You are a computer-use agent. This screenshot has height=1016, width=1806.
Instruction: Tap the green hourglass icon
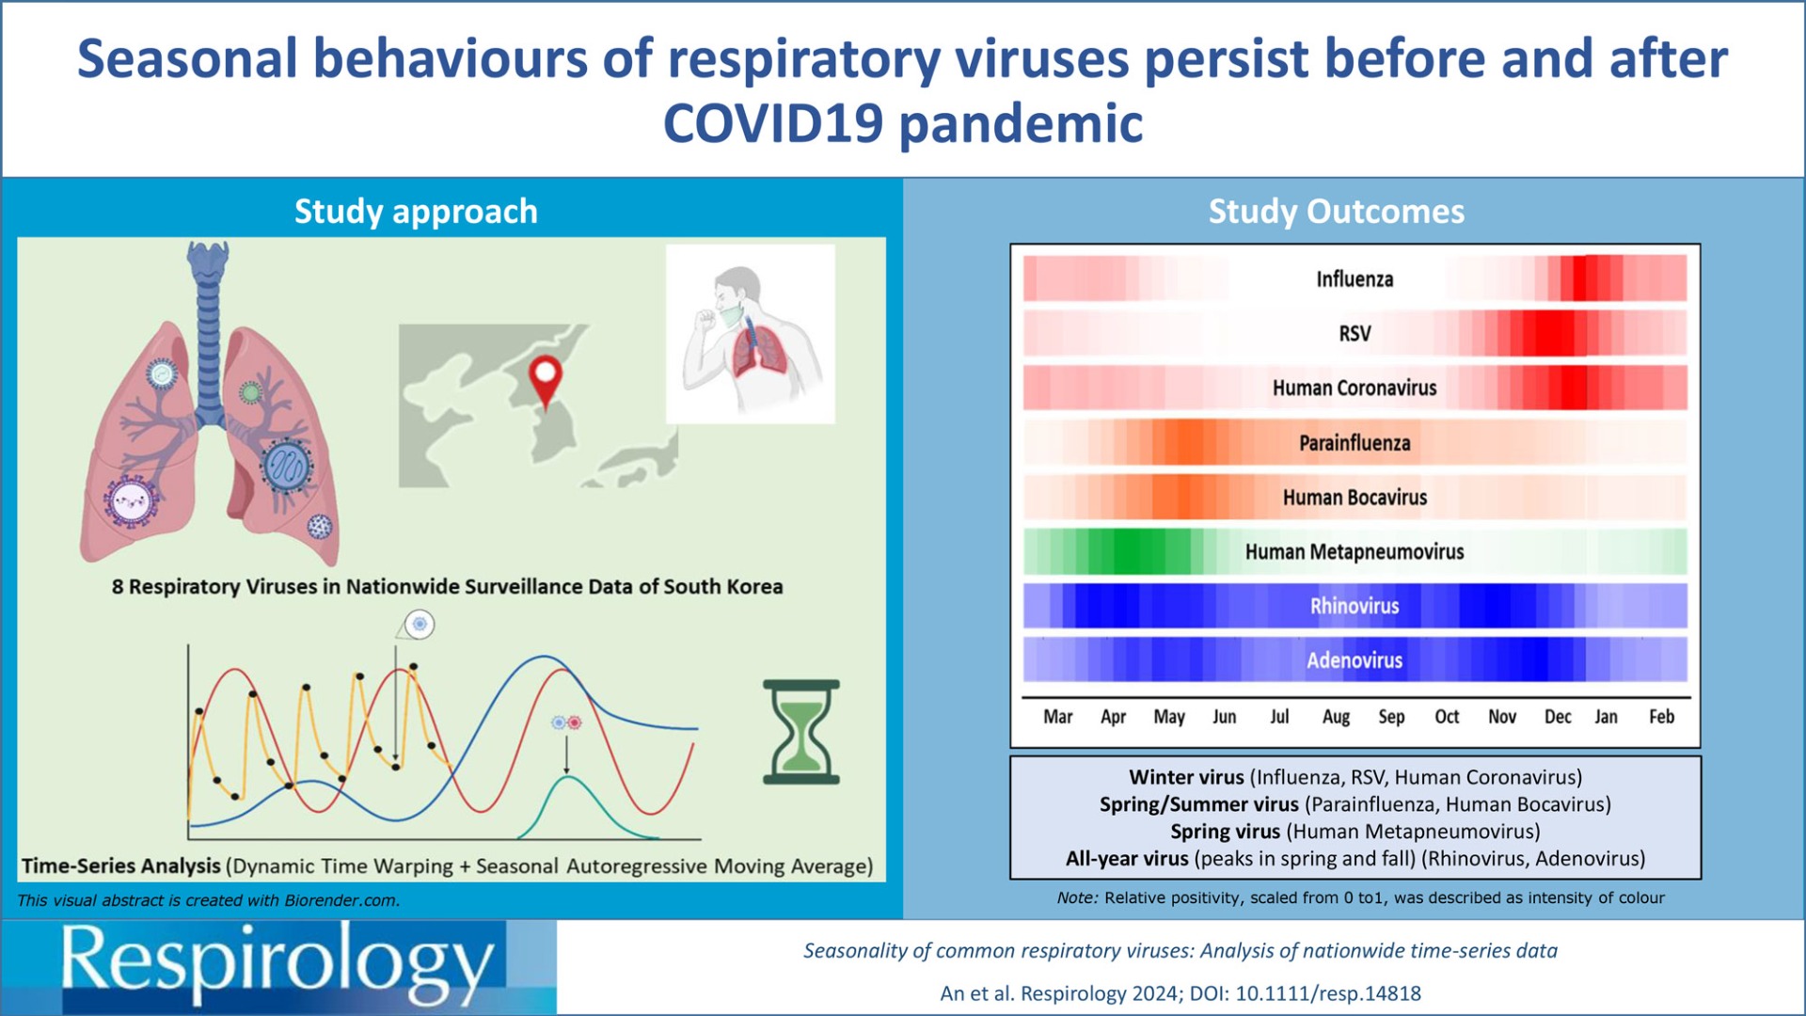800,732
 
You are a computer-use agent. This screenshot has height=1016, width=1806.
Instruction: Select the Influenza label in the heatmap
1354,279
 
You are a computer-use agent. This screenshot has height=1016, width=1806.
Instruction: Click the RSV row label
1354,334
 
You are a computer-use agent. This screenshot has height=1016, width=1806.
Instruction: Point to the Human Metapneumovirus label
1354,552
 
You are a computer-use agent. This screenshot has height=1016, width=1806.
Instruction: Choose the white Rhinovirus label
1354,607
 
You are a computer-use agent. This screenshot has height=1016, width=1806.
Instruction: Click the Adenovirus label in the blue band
1354,660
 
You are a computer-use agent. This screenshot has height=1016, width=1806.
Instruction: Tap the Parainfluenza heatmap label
1354,443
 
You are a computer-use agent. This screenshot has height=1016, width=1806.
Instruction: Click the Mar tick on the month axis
1058,717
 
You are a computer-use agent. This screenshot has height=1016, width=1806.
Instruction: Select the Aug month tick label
1336,718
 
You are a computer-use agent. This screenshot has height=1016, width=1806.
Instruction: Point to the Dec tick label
1558,717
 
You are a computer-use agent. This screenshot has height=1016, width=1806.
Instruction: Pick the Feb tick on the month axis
1661,717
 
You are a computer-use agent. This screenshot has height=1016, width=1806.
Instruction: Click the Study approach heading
416,212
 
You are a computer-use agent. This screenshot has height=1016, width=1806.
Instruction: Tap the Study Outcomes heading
1337,212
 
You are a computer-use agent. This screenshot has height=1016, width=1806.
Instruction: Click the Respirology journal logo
278,966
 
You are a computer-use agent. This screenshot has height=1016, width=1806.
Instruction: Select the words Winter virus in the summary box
1186,778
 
